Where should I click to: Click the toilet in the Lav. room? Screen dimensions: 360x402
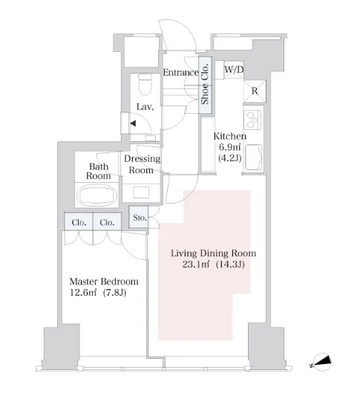pyautogui.click(x=145, y=84)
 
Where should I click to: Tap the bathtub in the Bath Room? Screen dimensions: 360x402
pyautogui.click(x=96, y=195)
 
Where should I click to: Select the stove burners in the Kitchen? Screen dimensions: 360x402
pyautogui.click(x=252, y=120)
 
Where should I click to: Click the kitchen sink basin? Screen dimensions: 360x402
pyautogui.click(x=253, y=158)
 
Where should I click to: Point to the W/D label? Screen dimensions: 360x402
pyautogui.click(x=234, y=70)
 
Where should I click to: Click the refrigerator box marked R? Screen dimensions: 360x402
pyautogui.click(x=255, y=91)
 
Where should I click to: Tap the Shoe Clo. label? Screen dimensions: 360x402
pyautogui.click(x=205, y=85)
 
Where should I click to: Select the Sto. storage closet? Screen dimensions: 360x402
pyautogui.click(x=139, y=217)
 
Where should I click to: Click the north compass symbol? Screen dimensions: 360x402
pyautogui.click(x=321, y=362)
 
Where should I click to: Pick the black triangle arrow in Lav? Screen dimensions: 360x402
pyautogui.click(x=133, y=123)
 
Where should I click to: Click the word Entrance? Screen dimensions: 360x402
pyautogui.click(x=181, y=73)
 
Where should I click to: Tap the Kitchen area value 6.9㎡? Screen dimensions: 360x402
pyautogui.click(x=229, y=147)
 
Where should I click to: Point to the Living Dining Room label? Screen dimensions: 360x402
pyautogui.click(x=213, y=253)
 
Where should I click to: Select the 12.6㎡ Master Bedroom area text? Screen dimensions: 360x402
pyautogui.click(x=83, y=293)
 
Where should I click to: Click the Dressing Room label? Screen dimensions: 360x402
pyautogui.click(x=142, y=164)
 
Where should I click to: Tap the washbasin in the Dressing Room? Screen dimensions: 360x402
pyautogui.click(x=141, y=192)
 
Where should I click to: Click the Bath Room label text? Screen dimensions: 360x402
pyautogui.click(x=99, y=171)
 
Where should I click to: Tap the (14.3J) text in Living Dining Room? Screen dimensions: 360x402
pyautogui.click(x=230, y=265)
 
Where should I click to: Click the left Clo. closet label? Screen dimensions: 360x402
pyautogui.click(x=79, y=222)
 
